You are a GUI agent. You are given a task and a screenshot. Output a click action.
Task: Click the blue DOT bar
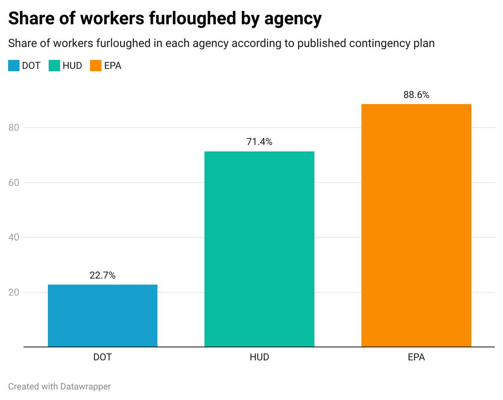(103, 316)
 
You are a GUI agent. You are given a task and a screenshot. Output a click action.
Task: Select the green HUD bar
(259, 249)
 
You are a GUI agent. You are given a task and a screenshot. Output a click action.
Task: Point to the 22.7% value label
(103, 275)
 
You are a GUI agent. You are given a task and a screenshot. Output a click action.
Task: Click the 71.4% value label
(259, 142)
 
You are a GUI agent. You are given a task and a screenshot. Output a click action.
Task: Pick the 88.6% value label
(416, 95)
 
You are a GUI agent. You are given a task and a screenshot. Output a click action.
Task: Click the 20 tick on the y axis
(14, 292)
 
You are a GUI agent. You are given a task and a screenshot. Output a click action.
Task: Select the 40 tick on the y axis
(14, 237)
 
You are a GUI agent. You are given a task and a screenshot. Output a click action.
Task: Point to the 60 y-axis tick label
(14, 183)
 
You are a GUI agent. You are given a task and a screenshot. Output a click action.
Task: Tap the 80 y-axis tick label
(14, 128)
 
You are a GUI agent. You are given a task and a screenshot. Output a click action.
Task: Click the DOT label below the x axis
(103, 357)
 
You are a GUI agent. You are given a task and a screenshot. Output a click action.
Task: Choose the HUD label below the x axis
(259, 357)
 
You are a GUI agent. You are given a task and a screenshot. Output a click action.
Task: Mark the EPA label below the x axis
(416, 357)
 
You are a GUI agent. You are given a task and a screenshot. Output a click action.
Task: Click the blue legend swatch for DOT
(14, 66)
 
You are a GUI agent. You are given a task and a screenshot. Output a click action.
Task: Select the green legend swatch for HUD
(54, 66)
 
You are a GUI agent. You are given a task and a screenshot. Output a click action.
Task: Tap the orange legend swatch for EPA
(96, 66)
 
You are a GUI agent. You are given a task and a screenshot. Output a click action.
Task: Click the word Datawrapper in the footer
(85, 387)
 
